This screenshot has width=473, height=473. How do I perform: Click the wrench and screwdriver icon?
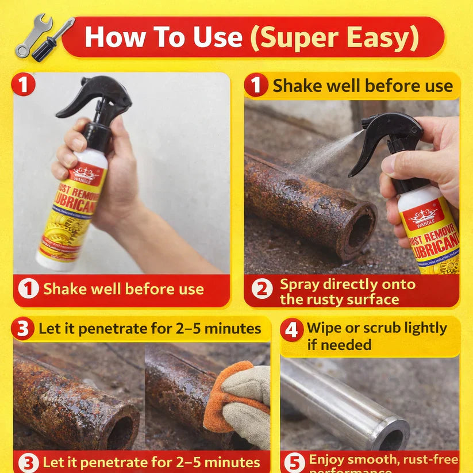pyautogui.click(x=44, y=38)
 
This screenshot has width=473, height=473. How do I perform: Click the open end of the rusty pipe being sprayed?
pyautogui.click(x=360, y=230)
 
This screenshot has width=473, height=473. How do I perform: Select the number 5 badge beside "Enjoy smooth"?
pyautogui.click(x=294, y=463)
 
